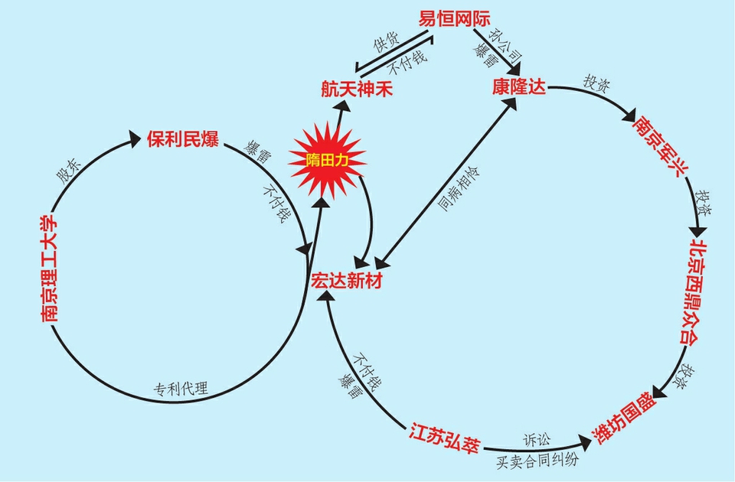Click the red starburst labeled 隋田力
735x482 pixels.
[327, 161]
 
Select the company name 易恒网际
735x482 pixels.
[454, 19]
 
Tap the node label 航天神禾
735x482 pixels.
[357, 89]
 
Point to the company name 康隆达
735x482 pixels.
[519, 86]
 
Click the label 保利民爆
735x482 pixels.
[183, 139]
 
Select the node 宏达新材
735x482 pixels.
[347, 281]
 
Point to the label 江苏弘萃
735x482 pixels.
[444, 438]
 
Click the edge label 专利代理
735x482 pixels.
[181, 389]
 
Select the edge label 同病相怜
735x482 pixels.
[459, 188]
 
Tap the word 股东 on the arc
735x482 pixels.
[69, 171]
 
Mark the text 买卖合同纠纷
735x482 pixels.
[537, 461]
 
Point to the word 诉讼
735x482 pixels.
[537, 440]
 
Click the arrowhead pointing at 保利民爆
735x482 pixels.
[135, 138]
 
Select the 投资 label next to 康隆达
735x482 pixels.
[596, 83]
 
